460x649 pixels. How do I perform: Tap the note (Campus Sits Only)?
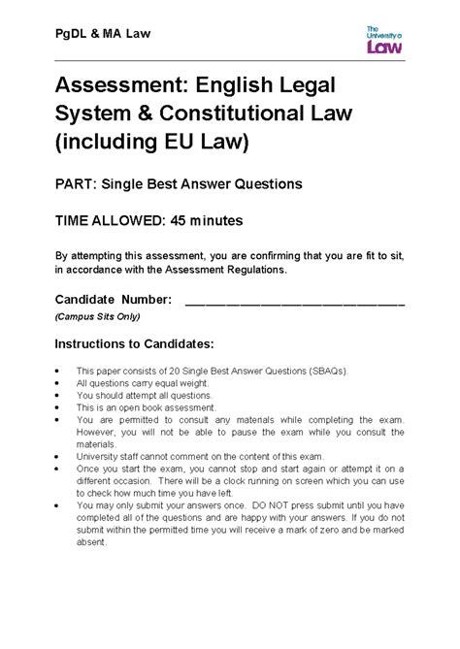tap(97, 317)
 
